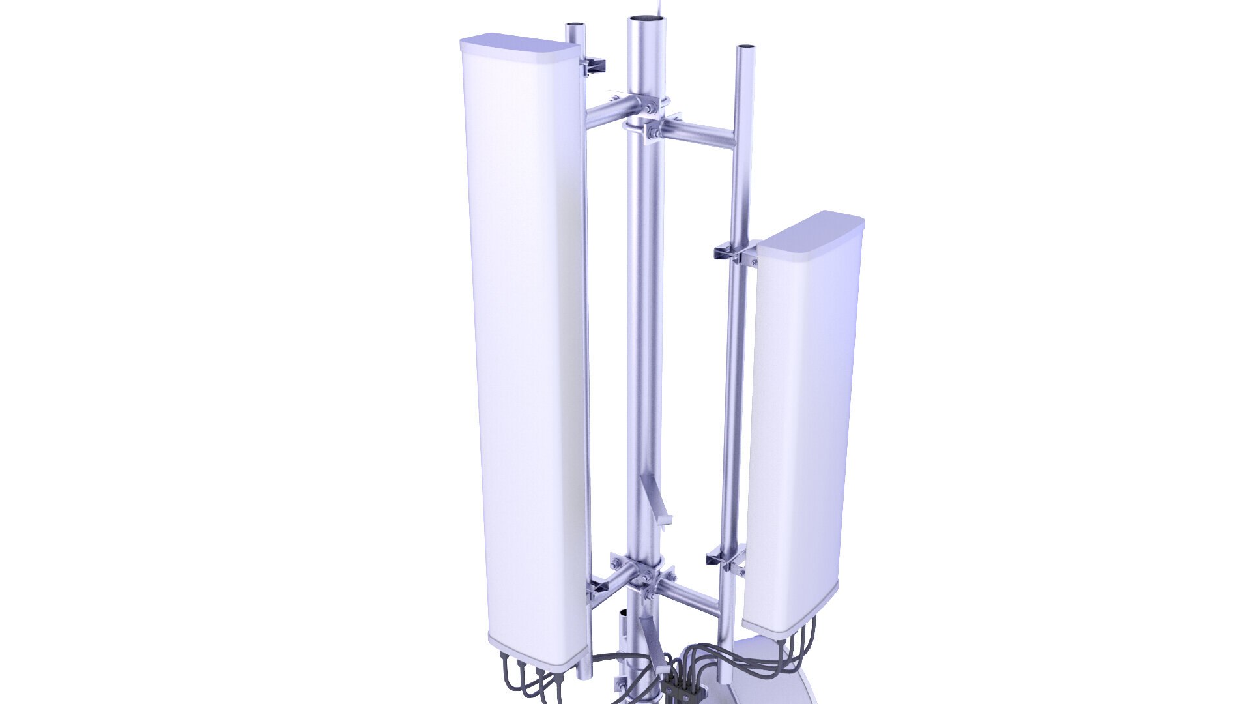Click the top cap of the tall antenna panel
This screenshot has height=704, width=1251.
pyautogui.click(x=519, y=45)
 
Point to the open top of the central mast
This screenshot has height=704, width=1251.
pyautogui.click(x=648, y=20)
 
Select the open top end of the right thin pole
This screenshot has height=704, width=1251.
pyautogui.click(x=745, y=48)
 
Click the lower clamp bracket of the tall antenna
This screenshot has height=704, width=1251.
pyautogui.click(x=597, y=591)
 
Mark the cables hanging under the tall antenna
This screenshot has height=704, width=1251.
pyautogui.click(x=531, y=681)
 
